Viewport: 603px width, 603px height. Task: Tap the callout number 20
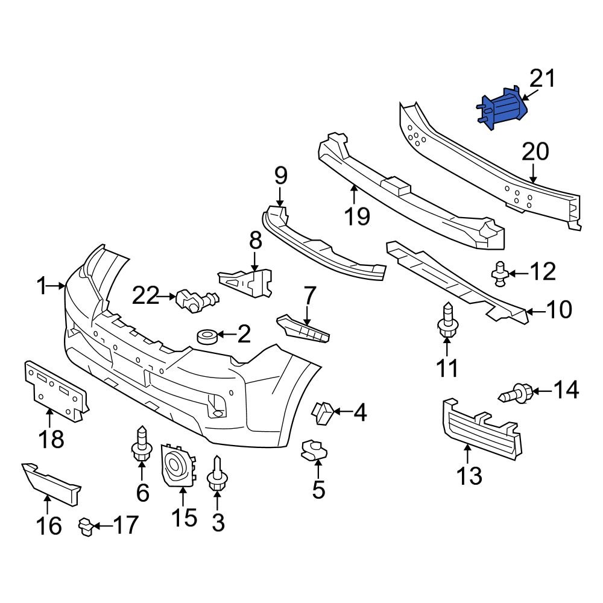tap(535, 153)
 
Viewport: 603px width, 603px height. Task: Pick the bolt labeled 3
tap(216, 476)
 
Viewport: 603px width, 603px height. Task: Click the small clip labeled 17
tap(87, 528)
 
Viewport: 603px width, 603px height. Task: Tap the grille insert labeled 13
tap(481, 428)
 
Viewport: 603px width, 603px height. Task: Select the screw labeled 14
tap(516, 394)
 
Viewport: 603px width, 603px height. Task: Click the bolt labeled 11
tap(447, 323)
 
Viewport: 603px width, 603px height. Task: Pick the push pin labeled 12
tap(499, 273)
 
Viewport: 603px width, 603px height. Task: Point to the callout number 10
tap(559, 311)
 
